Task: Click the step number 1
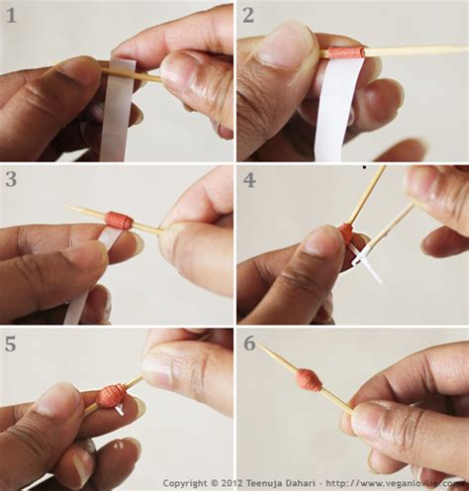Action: [12, 15]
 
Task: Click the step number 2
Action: [248, 15]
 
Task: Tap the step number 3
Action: [12, 179]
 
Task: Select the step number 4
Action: [248, 179]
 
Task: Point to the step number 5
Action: [12, 344]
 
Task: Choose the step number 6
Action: [248, 344]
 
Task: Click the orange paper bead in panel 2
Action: [345, 52]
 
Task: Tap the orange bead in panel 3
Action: [119, 220]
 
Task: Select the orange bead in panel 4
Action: [345, 233]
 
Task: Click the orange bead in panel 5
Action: [112, 395]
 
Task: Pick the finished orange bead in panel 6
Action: [309, 379]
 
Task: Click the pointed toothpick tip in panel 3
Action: [68, 208]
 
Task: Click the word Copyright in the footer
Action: [185, 484]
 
